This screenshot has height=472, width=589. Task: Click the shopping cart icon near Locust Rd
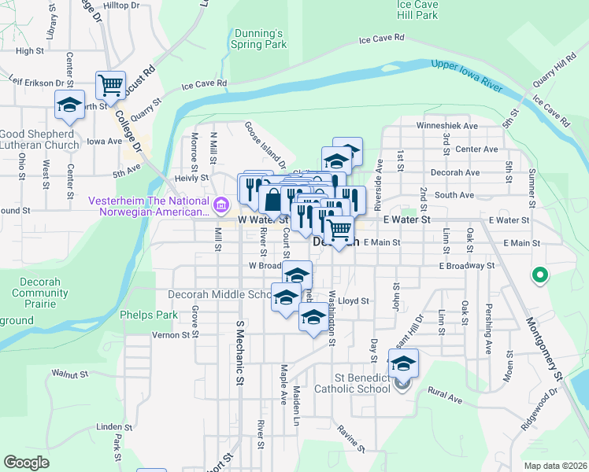(x=111, y=85)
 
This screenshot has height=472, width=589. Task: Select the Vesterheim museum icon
(x=221, y=208)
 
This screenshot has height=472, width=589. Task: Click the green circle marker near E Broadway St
(x=540, y=275)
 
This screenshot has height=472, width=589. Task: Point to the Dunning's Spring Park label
(x=259, y=39)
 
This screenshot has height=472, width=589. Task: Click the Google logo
(x=26, y=463)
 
